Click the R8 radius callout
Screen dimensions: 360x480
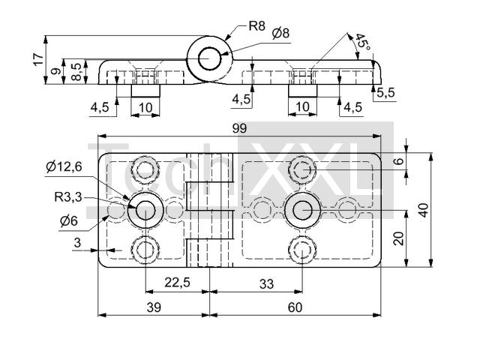pyautogui.click(x=256, y=26)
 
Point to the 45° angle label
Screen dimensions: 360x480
pyautogui.click(x=362, y=44)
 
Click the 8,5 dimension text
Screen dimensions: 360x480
pyautogui.click(x=75, y=72)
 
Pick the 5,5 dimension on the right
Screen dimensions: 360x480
pyautogui.click(x=386, y=93)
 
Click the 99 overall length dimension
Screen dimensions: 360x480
pyautogui.click(x=238, y=128)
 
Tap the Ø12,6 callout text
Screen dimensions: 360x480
pyautogui.click(x=64, y=166)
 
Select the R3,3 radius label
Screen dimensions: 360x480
pyautogui.click(x=67, y=198)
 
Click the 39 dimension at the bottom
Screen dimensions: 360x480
pyautogui.click(x=153, y=307)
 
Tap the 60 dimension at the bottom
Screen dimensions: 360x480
pyautogui.click(x=295, y=307)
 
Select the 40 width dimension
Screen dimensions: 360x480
pyautogui.click(x=424, y=210)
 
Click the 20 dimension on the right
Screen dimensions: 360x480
pyautogui.click(x=399, y=238)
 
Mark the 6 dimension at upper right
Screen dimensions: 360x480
pyautogui.click(x=399, y=160)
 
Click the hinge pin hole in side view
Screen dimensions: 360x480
pyautogui.click(x=209, y=58)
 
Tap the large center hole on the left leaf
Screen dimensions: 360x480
pyautogui.click(x=144, y=210)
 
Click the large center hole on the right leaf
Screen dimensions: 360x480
pyautogui.click(x=302, y=210)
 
